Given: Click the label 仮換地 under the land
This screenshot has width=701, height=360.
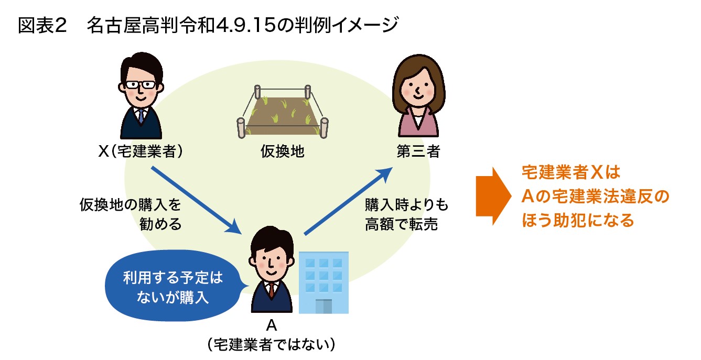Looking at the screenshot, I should (x=283, y=152).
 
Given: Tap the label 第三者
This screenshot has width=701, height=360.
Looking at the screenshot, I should (x=418, y=152).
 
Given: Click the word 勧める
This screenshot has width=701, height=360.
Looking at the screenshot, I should (x=160, y=224).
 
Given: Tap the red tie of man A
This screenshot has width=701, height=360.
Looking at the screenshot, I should (x=271, y=290).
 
